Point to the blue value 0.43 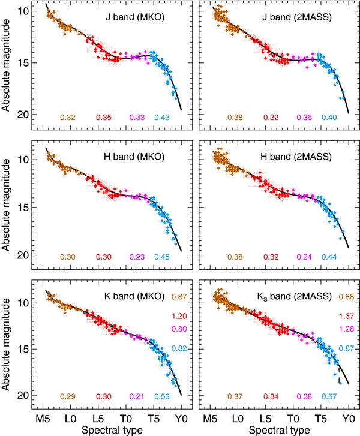pos(162,117)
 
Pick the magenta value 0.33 pos(137,117)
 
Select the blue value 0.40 pos(329,117)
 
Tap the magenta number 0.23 pos(137,257)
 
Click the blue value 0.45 pos(162,257)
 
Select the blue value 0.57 pos(329,396)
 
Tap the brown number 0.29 pos(68,396)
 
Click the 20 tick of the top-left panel pos(22,114)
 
